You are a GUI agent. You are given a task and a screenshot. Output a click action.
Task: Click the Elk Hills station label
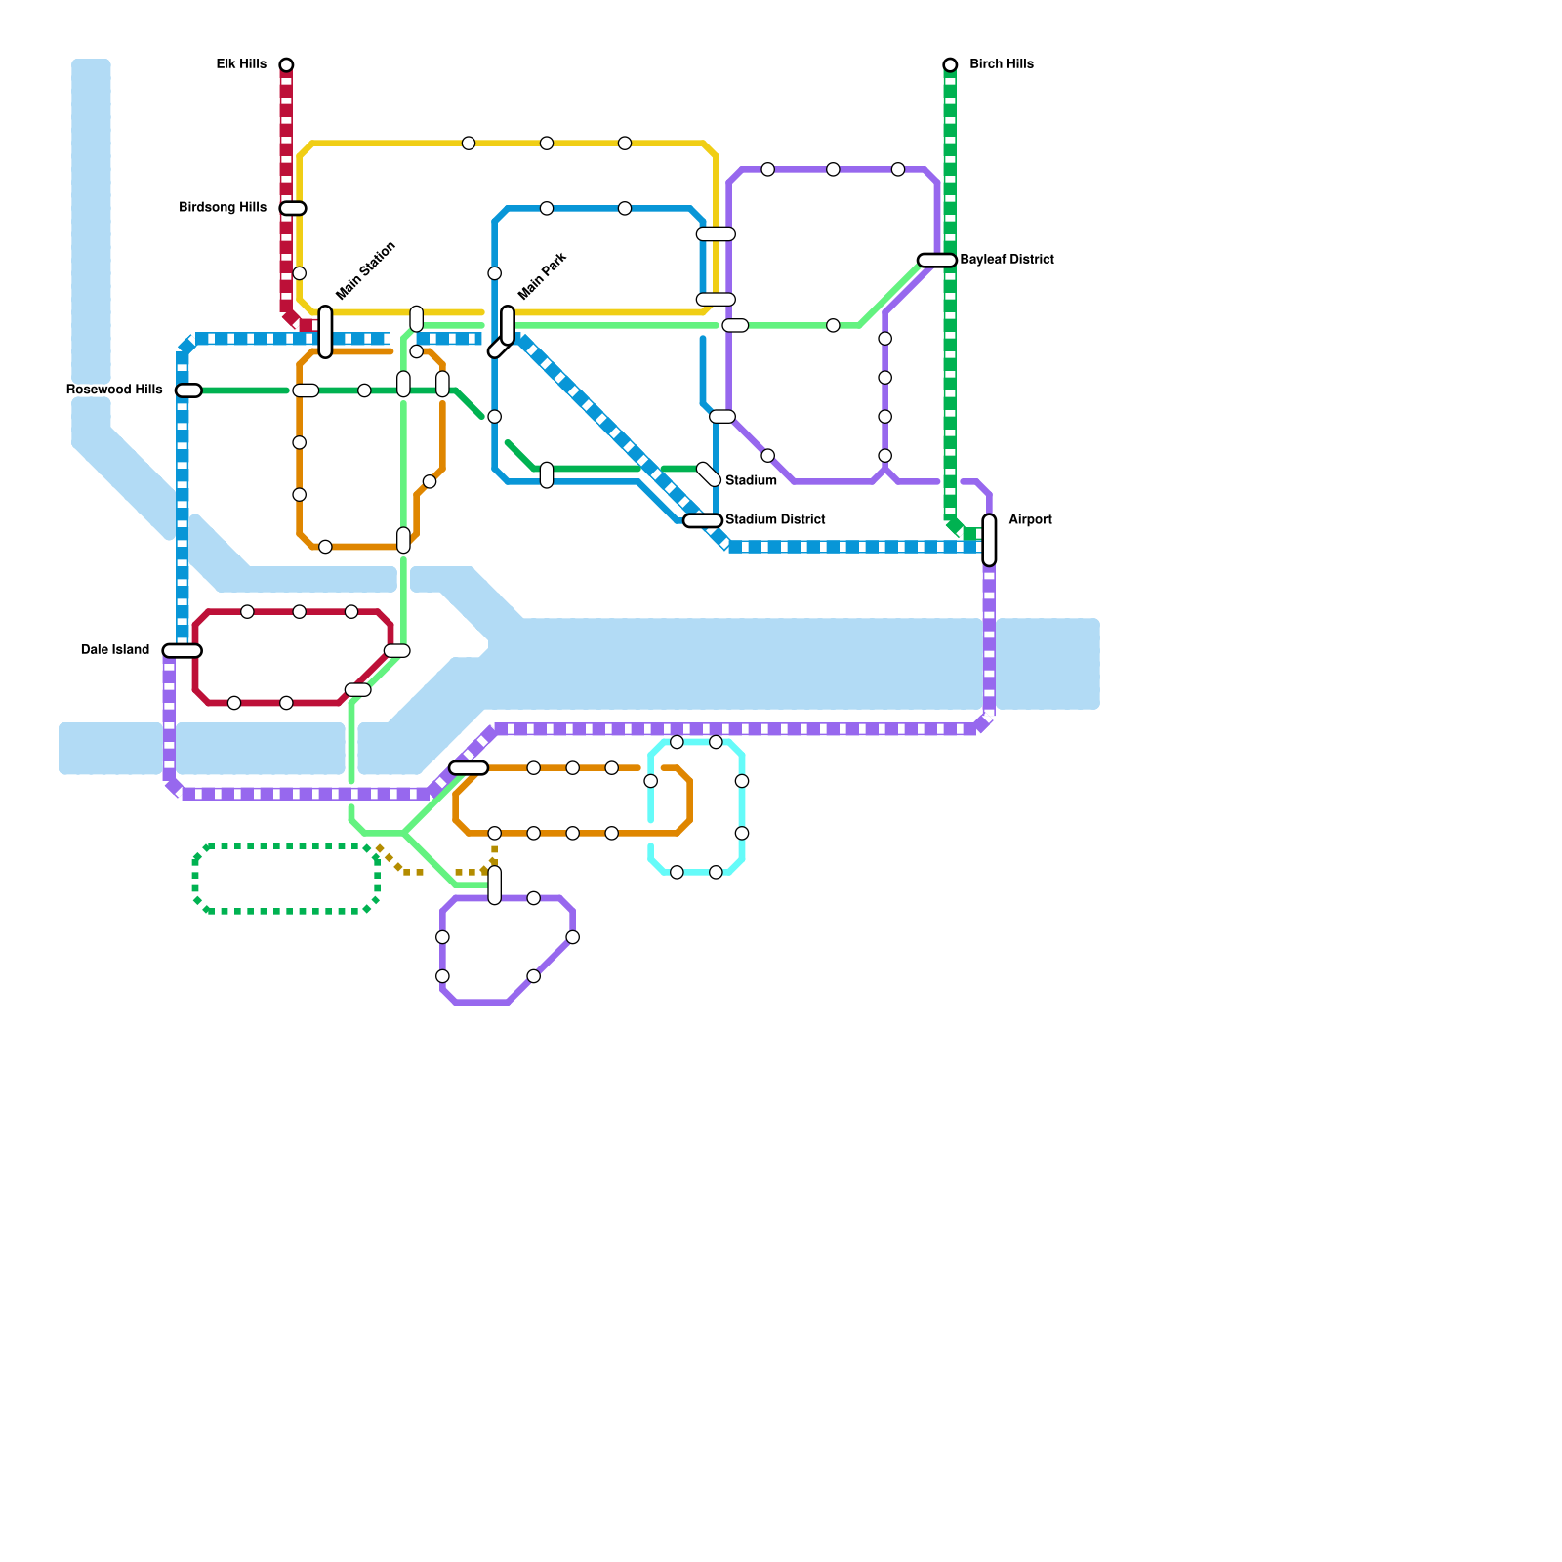pos(241,64)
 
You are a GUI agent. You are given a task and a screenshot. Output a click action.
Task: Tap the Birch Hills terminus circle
pos(950,64)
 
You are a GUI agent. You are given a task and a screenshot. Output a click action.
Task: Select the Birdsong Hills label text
pos(223,208)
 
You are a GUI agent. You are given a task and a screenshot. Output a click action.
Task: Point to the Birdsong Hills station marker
pos(293,208)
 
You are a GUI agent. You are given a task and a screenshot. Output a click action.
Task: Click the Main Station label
pos(366,270)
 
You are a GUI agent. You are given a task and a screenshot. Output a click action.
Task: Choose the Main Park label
pos(543,276)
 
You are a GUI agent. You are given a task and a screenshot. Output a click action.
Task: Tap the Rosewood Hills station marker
pos(188,390)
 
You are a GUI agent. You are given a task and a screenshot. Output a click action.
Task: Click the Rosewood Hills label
pos(114,390)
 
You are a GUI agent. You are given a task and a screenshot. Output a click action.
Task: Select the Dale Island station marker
pos(183,651)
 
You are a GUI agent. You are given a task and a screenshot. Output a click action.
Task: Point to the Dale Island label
pos(115,650)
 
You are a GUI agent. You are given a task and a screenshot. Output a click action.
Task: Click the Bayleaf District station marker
pos(936,260)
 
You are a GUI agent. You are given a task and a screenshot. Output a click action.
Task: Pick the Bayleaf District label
pos(1007,260)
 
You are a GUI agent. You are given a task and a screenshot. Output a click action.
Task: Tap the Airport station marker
pos(989,540)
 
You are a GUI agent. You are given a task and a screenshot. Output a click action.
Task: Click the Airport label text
pos(1030,520)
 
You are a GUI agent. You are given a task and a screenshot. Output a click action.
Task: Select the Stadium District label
pos(775,520)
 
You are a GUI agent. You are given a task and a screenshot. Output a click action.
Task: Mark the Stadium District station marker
pos(703,520)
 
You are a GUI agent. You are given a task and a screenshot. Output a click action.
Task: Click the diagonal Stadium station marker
pos(709,474)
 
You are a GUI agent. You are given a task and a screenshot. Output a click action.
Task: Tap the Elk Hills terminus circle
pos(286,64)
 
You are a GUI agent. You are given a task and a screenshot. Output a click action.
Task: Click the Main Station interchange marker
pos(325,332)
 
